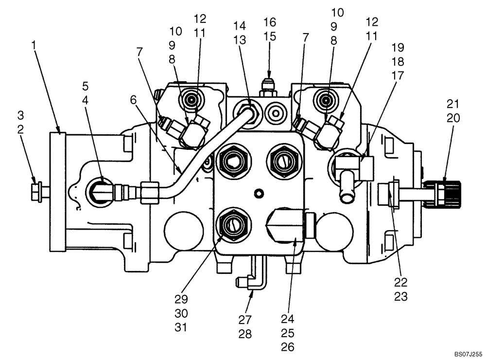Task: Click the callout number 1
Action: [34, 45]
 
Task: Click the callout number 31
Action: [181, 328]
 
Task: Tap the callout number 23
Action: [401, 297]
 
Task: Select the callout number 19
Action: [397, 47]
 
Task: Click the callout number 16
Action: [270, 22]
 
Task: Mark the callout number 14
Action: [239, 25]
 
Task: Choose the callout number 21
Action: [453, 104]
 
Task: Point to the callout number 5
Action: [85, 86]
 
